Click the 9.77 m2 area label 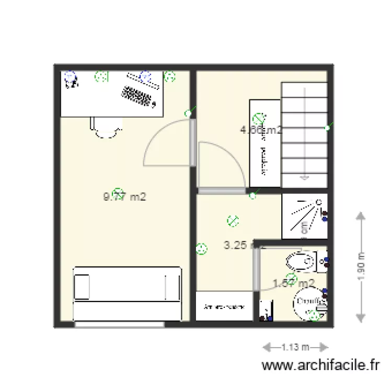coord(124,197)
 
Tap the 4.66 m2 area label coord(261,130)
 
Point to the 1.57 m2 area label coord(294,283)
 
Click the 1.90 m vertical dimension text coord(361,267)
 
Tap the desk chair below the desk coord(106,128)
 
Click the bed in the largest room coord(127,293)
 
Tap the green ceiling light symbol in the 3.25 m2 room coord(232,221)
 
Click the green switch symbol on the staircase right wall coord(327,128)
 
